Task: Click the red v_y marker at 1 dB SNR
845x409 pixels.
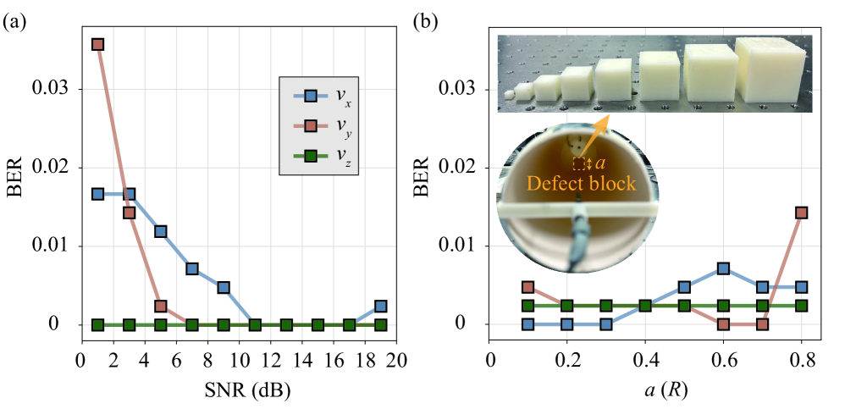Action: pos(97,44)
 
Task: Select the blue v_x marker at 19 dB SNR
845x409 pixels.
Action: pos(381,306)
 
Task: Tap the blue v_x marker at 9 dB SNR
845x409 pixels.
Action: pos(224,287)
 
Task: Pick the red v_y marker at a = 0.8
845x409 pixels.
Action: pos(801,213)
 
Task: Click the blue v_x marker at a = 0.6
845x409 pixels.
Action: pos(723,268)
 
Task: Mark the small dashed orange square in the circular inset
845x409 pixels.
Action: pos(579,163)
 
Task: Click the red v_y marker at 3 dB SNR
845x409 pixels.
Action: pos(130,213)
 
